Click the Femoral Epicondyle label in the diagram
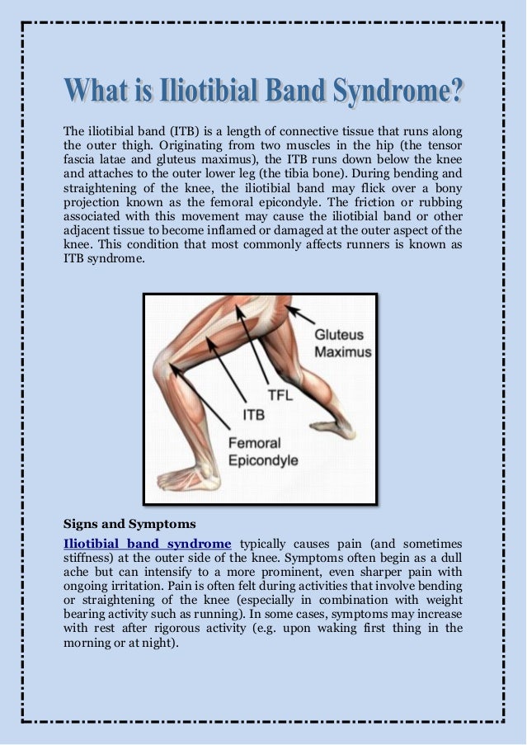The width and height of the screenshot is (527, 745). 262,451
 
